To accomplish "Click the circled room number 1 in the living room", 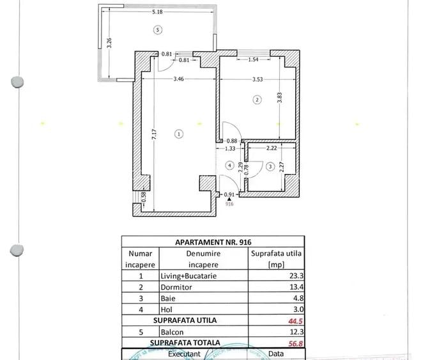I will click(178, 134).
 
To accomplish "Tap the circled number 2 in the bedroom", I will click(257, 100).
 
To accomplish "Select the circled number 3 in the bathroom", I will click(270, 167).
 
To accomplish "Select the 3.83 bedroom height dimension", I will click(279, 97).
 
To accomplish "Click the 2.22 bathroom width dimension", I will click(271, 148).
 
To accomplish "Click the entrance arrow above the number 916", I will click(229, 199).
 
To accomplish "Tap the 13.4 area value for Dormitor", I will click(295, 287).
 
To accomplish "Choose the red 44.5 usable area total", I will click(294, 321).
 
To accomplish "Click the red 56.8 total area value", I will click(294, 343).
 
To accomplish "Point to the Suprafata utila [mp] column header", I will click(275, 258).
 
